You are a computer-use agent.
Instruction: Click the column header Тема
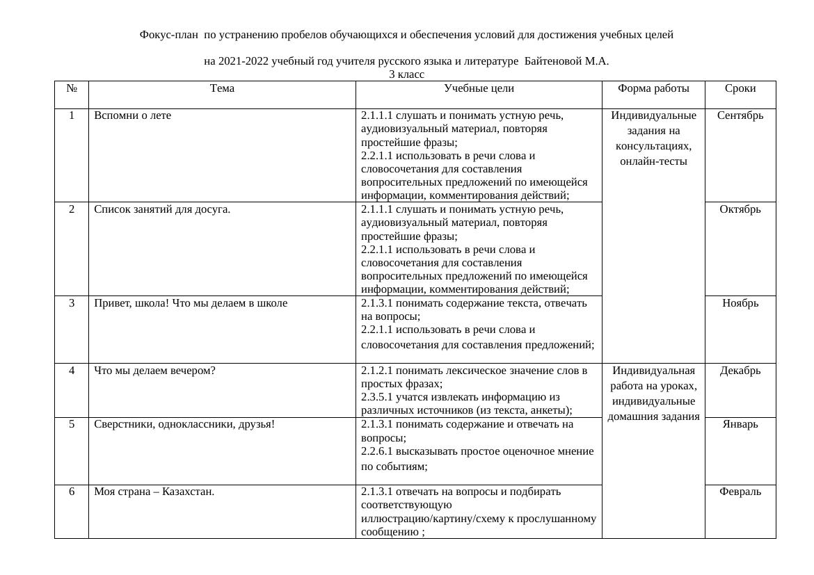(222, 88)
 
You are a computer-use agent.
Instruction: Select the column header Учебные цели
(479, 88)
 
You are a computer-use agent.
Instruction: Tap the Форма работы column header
(653, 88)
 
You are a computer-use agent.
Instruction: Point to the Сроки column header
(740, 88)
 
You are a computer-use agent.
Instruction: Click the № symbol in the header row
(72, 88)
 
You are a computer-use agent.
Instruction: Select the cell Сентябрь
(740, 115)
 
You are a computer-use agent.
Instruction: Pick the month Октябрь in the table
(740, 209)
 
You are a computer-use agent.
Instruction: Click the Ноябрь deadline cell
(740, 303)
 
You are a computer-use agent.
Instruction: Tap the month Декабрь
(740, 371)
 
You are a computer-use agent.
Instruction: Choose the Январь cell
(740, 424)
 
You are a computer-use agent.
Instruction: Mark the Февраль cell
(740, 492)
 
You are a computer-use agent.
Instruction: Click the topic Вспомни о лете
(133, 115)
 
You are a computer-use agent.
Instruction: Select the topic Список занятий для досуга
(162, 209)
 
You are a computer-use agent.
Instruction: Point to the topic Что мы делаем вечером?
(155, 371)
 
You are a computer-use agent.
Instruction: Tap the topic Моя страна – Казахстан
(154, 492)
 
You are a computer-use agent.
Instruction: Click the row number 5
(72, 424)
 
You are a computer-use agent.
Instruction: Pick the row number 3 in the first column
(72, 303)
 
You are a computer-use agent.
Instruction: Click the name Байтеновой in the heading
(553, 61)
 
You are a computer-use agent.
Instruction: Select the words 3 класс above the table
(406, 74)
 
